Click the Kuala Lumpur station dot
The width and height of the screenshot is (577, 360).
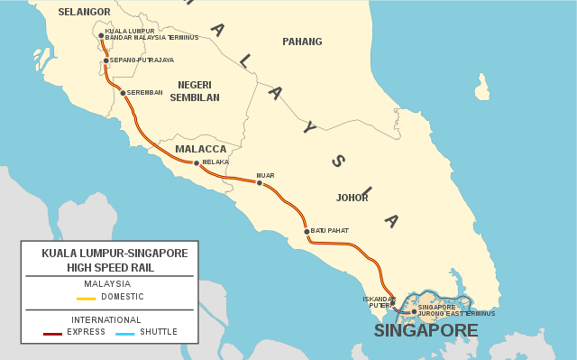pyautogui.click(x=101, y=35)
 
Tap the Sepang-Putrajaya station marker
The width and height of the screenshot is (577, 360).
pyautogui.click(x=106, y=60)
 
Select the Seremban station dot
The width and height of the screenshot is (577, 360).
pyautogui.click(x=123, y=93)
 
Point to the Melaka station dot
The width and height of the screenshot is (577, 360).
pyautogui.click(x=197, y=163)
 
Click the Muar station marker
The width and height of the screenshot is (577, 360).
pyautogui.click(x=260, y=183)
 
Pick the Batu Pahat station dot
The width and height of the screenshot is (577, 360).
pyautogui.click(x=307, y=232)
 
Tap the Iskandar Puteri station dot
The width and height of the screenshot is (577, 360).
pyautogui.click(x=393, y=303)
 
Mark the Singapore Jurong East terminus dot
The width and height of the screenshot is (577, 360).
pyautogui.click(x=414, y=311)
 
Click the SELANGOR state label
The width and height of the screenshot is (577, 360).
pyautogui.click(x=84, y=12)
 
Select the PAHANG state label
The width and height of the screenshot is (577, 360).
pyautogui.click(x=302, y=42)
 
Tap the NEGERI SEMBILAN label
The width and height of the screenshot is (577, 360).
pyautogui.click(x=195, y=90)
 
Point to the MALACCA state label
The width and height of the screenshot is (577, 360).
pyautogui.click(x=201, y=149)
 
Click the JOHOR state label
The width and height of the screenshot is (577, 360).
pyautogui.click(x=352, y=197)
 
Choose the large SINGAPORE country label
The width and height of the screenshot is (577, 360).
pyautogui.click(x=426, y=331)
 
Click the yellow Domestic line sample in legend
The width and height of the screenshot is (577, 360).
pyautogui.click(x=87, y=298)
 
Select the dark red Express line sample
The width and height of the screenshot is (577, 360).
pyautogui.click(x=53, y=333)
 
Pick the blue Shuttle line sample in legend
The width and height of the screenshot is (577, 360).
pyautogui.click(x=125, y=333)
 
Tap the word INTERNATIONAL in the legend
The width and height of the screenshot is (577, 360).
pyautogui.click(x=106, y=319)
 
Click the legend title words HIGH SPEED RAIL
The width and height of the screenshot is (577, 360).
pyautogui.click(x=110, y=267)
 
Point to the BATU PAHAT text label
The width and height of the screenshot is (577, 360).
pyautogui.click(x=330, y=231)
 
